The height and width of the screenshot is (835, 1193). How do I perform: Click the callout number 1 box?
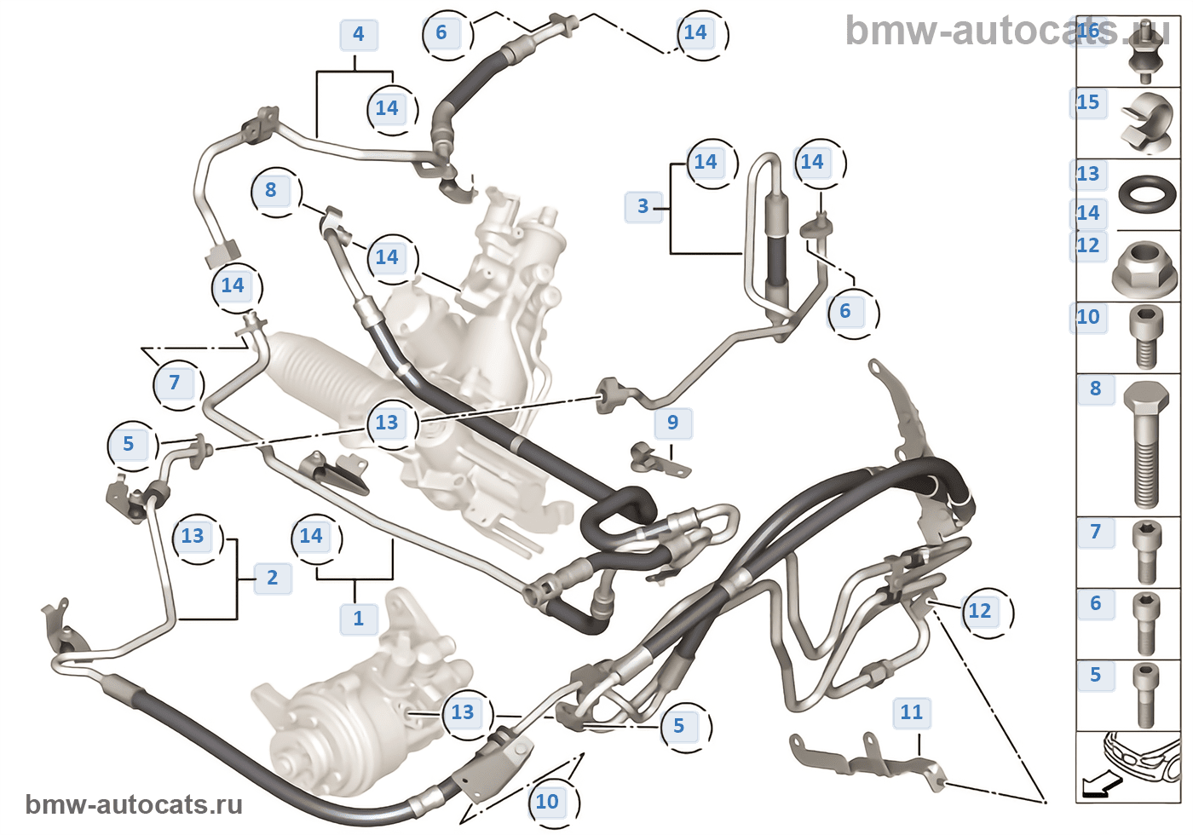click(358, 619)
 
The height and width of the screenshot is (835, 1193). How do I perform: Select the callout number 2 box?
click(273, 578)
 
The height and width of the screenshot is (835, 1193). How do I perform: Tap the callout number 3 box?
click(643, 206)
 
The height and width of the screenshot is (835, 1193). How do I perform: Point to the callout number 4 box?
click(358, 34)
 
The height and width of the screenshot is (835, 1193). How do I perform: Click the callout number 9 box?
click(673, 423)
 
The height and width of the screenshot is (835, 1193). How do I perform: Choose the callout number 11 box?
click(911, 712)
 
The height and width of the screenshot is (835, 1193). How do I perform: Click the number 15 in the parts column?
click(1088, 102)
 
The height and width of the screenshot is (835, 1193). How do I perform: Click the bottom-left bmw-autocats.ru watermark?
click(134, 804)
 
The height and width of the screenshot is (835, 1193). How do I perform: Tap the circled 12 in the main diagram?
click(980, 611)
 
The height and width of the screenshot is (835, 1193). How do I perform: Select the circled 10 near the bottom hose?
click(547, 802)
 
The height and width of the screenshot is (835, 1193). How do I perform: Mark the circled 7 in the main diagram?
click(175, 383)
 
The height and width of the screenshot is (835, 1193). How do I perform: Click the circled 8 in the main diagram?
click(271, 190)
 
